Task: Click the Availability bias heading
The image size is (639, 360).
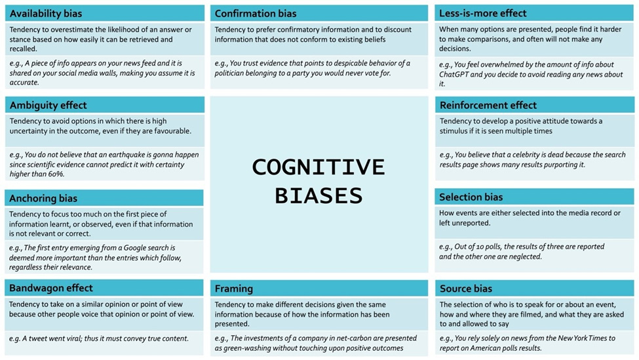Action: [x=46, y=14]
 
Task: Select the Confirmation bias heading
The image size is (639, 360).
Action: [x=256, y=14]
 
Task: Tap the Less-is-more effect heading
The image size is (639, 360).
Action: [x=483, y=14]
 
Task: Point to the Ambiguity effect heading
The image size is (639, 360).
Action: [x=48, y=106]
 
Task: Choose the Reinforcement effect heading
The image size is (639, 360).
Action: [x=488, y=106]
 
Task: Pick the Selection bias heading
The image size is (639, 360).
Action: [x=471, y=197]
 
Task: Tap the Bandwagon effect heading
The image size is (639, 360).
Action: [x=51, y=288]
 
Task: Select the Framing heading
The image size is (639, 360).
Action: [x=233, y=288]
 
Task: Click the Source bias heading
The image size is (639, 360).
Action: [x=465, y=288]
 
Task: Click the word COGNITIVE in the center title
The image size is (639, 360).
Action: [x=319, y=167]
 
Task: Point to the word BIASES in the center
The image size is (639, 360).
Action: [x=319, y=195]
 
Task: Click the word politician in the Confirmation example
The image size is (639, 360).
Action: [x=235, y=73]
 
